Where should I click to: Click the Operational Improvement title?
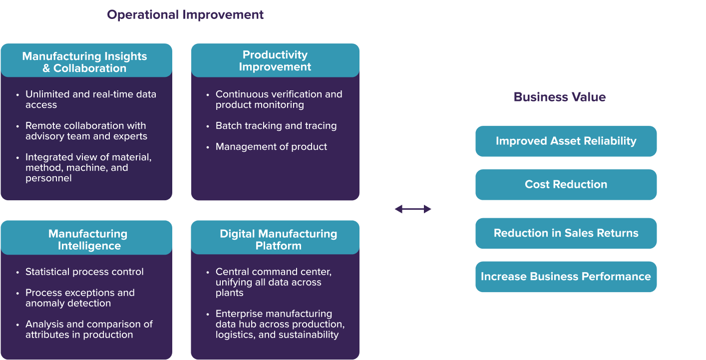pyautogui.click(x=185, y=15)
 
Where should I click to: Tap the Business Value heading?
pyautogui.click(x=559, y=97)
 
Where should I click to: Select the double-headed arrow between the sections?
pyautogui.click(x=413, y=209)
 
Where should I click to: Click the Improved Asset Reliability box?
pyautogui.click(x=566, y=141)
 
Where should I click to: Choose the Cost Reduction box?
pyautogui.click(x=566, y=185)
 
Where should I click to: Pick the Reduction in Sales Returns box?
pyautogui.click(x=566, y=233)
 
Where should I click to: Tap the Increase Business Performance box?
pyautogui.click(x=566, y=277)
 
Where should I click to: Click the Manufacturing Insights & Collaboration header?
pyautogui.click(x=85, y=62)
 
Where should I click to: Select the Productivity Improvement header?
pyautogui.click(x=275, y=60)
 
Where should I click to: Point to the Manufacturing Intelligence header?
pyautogui.click(x=88, y=240)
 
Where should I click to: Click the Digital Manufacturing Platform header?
pyautogui.click(x=278, y=240)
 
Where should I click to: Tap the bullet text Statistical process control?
pyautogui.click(x=84, y=272)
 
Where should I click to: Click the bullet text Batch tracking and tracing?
pyautogui.click(x=276, y=126)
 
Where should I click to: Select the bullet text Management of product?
pyautogui.click(x=271, y=147)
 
